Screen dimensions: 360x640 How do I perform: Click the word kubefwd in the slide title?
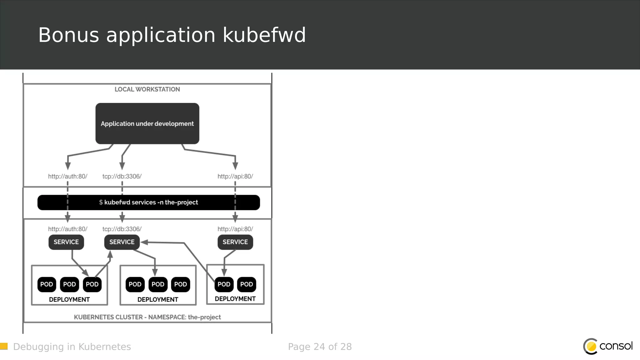pyautogui.click(x=264, y=35)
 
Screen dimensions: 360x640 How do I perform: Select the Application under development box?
pyautogui.click(x=147, y=123)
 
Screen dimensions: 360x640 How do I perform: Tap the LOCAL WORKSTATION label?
pyautogui.click(x=147, y=89)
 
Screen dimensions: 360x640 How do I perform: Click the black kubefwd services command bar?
pyautogui.click(x=148, y=202)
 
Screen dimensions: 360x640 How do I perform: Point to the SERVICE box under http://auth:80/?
pyautogui.click(x=66, y=242)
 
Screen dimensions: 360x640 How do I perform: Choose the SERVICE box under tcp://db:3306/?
pyautogui.click(x=122, y=242)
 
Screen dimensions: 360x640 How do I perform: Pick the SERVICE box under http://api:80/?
pyautogui.click(x=235, y=242)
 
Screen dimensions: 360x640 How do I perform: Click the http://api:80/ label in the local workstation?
pyautogui.click(x=235, y=177)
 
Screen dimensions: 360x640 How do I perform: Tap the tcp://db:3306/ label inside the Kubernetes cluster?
pyautogui.click(x=122, y=229)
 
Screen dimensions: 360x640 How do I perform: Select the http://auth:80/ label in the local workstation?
pyautogui.click(x=67, y=177)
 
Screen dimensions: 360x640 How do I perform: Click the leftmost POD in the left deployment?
pyautogui.click(x=47, y=284)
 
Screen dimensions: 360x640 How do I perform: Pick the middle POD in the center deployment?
pyautogui.click(x=158, y=284)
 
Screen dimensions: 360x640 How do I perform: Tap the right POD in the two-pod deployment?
pyautogui.click(x=247, y=284)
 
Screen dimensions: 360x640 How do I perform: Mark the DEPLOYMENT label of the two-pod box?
pyautogui.click(x=235, y=299)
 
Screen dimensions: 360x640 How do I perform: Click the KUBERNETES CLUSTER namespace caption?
pyautogui.click(x=147, y=317)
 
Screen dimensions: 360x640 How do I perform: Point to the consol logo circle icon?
pyautogui.click(x=591, y=346)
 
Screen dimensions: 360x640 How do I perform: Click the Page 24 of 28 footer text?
pyautogui.click(x=320, y=347)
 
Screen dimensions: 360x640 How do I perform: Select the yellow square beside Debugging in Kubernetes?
pyautogui.click(x=4, y=346)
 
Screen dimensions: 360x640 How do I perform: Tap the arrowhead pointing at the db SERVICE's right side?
pyautogui.click(x=144, y=242)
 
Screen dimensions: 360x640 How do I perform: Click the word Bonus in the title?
pyautogui.click(x=68, y=35)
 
